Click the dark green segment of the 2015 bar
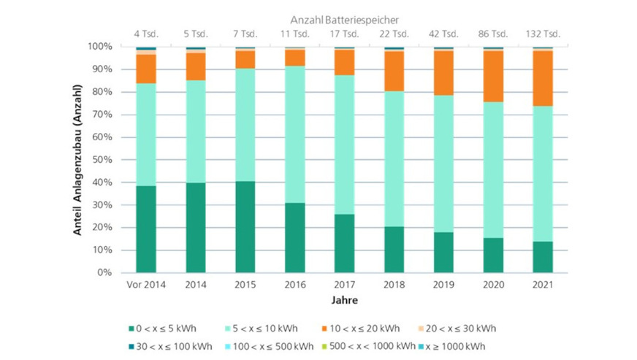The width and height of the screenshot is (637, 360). [x=245, y=226]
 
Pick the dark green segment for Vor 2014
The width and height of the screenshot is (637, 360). [x=146, y=229]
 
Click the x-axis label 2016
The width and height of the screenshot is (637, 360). [x=295, y=284]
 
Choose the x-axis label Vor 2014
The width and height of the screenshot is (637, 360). [x=146, y=284]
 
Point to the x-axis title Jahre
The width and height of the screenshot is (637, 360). [x=344, y=299]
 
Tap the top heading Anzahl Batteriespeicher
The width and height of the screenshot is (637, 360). [x=344, y=20]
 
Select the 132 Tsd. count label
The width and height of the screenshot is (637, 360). [x=543, y=33]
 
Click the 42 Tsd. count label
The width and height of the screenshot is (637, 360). [x=444, y=33]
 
